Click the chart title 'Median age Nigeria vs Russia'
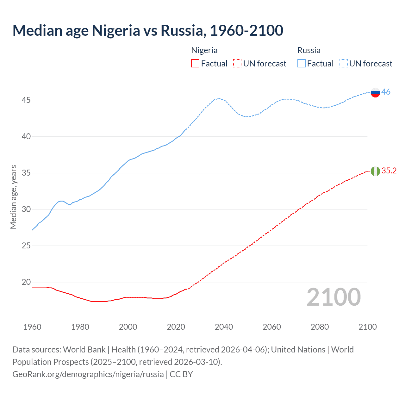pos(148,30)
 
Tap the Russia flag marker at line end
pos(375,93)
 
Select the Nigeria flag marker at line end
pos(375,171)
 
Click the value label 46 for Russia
pos(386,92)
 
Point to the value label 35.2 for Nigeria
pos(389,171)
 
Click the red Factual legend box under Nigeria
pos(195,64)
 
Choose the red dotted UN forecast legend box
pos(237,64)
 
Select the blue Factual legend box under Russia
pos(302,64)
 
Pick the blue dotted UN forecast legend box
pos(344,64)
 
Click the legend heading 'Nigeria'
pos(204,51)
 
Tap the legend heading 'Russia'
pos(309,51)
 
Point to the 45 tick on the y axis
pos(26,100)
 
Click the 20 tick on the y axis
pos(26,282)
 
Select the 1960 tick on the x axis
pos(32,327)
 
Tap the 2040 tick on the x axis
pos(224,327)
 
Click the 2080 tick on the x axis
pos(320,327)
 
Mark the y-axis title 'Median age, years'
pos(13,197)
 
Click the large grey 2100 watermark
pos(333,297)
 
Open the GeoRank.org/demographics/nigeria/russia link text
pos(88,374)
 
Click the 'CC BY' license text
pos(181,374)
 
